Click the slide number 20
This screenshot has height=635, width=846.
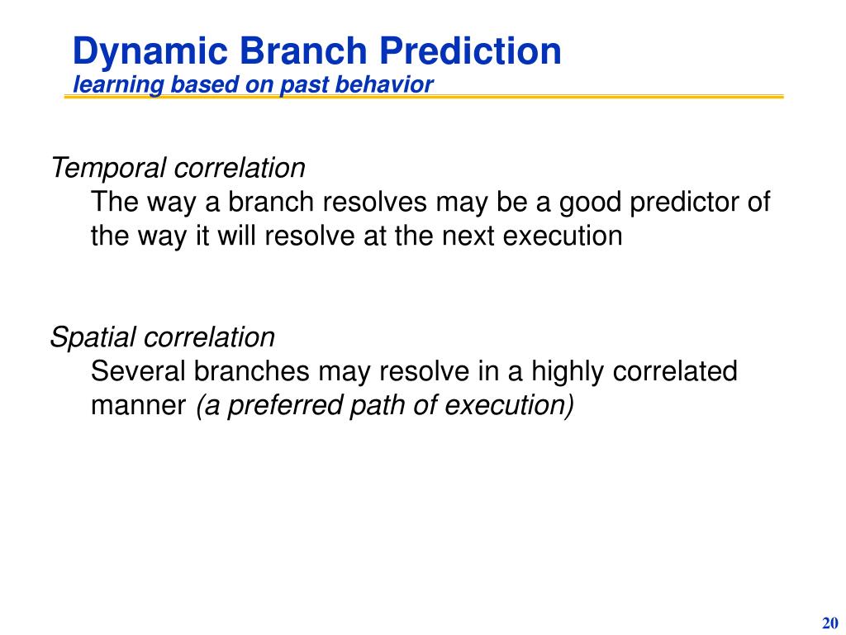coord(829,623)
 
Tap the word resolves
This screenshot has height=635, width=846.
coord(374,203)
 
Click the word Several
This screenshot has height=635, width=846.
coord(138,371)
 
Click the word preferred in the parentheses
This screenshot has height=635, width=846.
coord(284,406)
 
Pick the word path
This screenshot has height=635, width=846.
coord(378,406)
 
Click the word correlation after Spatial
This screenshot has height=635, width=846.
coord(210,337)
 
